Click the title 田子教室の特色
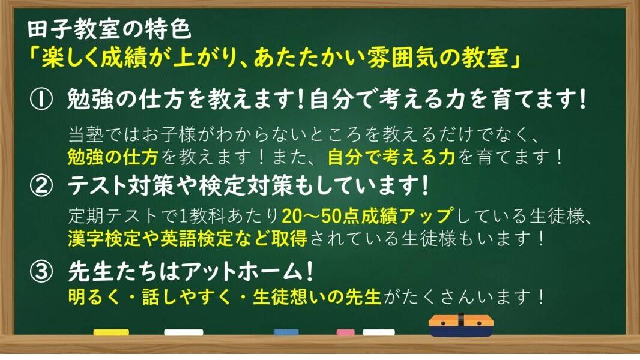[x=110, y=29]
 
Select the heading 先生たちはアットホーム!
[x=190, y=274]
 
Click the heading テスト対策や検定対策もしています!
[x=249, y=188]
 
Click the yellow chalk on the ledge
[x=111, y=332]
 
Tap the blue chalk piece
[x=286, y=332]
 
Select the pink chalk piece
[x=345, y=332]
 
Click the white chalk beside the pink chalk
[x=379, y=332]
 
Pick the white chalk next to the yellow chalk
[x=184, y=332]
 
